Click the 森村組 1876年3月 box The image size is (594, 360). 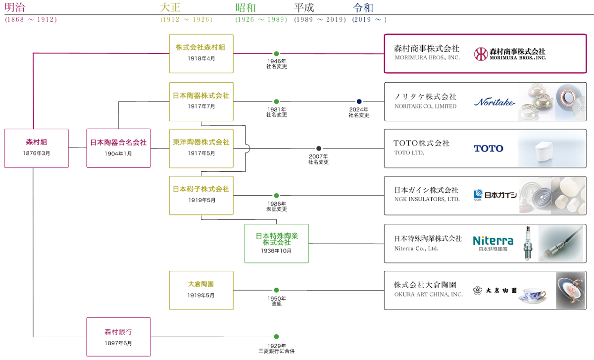pos(36,148)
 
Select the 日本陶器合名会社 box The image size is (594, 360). pos(118,148)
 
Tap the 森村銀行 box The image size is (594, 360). pos(118,337)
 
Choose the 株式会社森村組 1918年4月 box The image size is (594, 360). pos(201,53)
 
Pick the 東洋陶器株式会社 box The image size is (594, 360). pos(201,148)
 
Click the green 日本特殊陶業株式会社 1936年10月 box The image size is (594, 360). pos(276,243)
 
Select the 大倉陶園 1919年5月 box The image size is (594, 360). pos(201,290)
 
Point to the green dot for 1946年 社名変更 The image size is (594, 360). pos(276,53)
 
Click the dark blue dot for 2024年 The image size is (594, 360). pos(359,102)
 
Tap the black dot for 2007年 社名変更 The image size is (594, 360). pos(319,148)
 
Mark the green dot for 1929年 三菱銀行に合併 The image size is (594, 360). pos(276,337)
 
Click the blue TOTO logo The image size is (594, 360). pos(488,148)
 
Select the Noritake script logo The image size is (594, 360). pos(495,102)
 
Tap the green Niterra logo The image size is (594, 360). pos(493,241)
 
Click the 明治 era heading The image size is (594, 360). pos(15,8)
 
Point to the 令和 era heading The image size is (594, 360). pos(363,8)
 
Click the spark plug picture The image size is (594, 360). pos(528,243)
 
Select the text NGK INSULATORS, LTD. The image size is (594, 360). pos(427,200)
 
